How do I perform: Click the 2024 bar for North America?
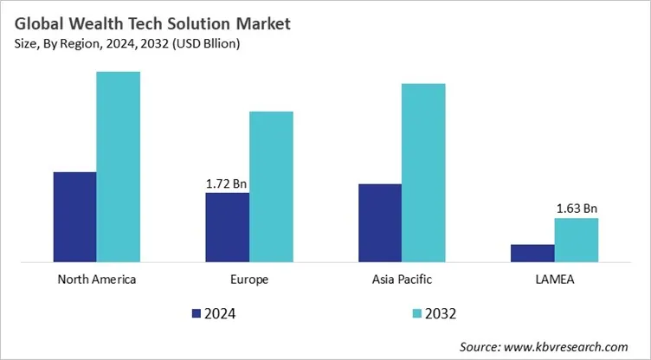(x=74, y=216)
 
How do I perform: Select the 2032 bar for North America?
(x=118, y=166)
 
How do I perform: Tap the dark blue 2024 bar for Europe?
(x=227, y=227)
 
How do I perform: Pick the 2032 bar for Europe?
(x=271, y=186)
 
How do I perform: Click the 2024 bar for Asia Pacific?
(x=379, y=222)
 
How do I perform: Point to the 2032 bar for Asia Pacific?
(x=423, y=172)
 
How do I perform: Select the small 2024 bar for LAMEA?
(x=532, y=253)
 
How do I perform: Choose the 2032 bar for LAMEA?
(x=576, y=240)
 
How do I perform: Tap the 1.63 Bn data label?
(x=576, y=209)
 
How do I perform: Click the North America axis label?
(x=96, y=280)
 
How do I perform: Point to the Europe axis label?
(x=249, y=280)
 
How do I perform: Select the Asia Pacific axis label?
(x=401, y=280)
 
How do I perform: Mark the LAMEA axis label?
(x=554, y=280)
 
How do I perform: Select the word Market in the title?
(x=261, y=24)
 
